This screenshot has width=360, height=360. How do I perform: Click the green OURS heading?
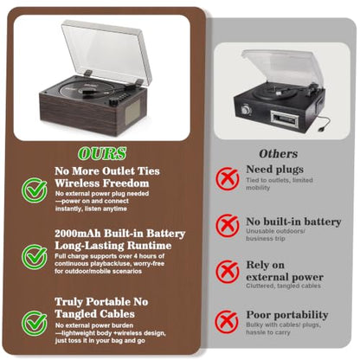(102, 153)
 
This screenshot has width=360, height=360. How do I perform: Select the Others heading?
(278, 154)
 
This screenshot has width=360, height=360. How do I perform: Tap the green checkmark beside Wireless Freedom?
(35, 190)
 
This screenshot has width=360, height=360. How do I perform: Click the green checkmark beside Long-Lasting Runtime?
(35, 256)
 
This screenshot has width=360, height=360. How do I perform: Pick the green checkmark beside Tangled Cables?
(35, 323)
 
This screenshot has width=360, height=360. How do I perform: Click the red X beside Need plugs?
(228, 178)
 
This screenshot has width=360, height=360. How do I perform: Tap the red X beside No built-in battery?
(228, 225)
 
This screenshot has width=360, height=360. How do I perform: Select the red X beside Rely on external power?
(228, 272)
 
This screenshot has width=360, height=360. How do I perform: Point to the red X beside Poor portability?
(227, 322)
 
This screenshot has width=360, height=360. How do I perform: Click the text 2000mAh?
(78, 233)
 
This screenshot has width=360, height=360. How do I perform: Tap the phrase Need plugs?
(274, 170)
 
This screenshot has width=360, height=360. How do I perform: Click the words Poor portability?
(287, 315)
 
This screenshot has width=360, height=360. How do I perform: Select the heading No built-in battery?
(293, 222)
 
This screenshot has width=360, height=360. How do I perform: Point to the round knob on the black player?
(246, 109)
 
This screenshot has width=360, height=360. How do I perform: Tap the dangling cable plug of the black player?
(321, 129)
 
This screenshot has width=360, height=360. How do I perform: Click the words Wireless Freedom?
(102, 183)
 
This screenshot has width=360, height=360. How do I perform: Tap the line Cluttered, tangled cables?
(283, 286)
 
